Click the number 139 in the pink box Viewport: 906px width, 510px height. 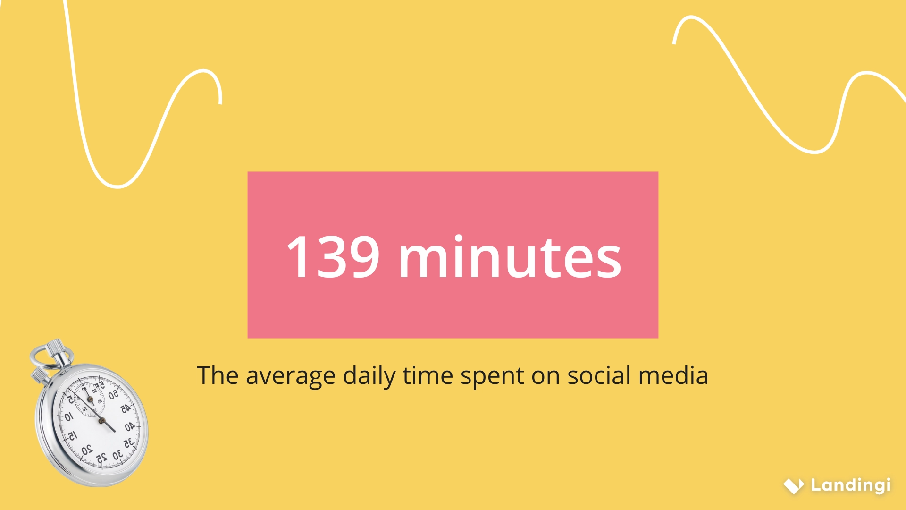click(x=333, y=257)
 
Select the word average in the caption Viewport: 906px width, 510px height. click(x=291, y=376)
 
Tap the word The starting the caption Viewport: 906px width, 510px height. click(x=218, y=376)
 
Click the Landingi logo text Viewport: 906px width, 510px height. click(x=850, y=485)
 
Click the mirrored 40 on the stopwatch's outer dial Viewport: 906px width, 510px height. click(x=130, y=427)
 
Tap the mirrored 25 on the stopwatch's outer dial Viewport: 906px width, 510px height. click(x=101, y=458)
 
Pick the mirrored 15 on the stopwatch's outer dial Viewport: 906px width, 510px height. click(x=72, y=436)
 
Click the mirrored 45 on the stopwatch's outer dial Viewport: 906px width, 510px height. click(x=126, y=409)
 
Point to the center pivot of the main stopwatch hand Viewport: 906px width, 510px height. click(x=101, y=420)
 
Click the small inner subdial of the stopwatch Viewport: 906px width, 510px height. click(x=90, y=399)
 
